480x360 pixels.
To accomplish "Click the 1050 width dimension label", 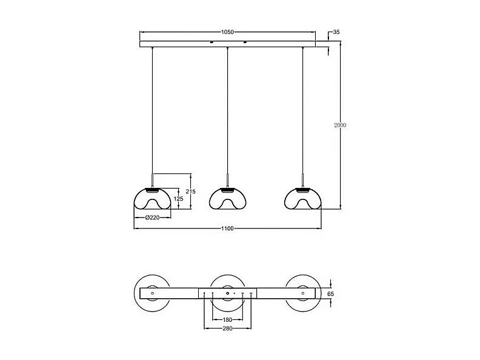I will click(227, 32).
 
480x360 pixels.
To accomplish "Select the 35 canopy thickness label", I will click(336, 32).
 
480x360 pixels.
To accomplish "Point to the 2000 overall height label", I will click(340, 125).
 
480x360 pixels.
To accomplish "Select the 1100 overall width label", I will click(227, 228).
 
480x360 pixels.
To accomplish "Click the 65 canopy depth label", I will click(331, 293).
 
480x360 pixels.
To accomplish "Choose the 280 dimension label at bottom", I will click(227, 328).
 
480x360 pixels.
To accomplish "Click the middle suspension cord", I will click(227, 109).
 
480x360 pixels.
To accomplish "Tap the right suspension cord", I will click(302, 109).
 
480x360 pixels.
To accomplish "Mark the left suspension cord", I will click(152, 109).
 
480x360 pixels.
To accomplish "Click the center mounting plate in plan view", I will click(227, 293).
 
